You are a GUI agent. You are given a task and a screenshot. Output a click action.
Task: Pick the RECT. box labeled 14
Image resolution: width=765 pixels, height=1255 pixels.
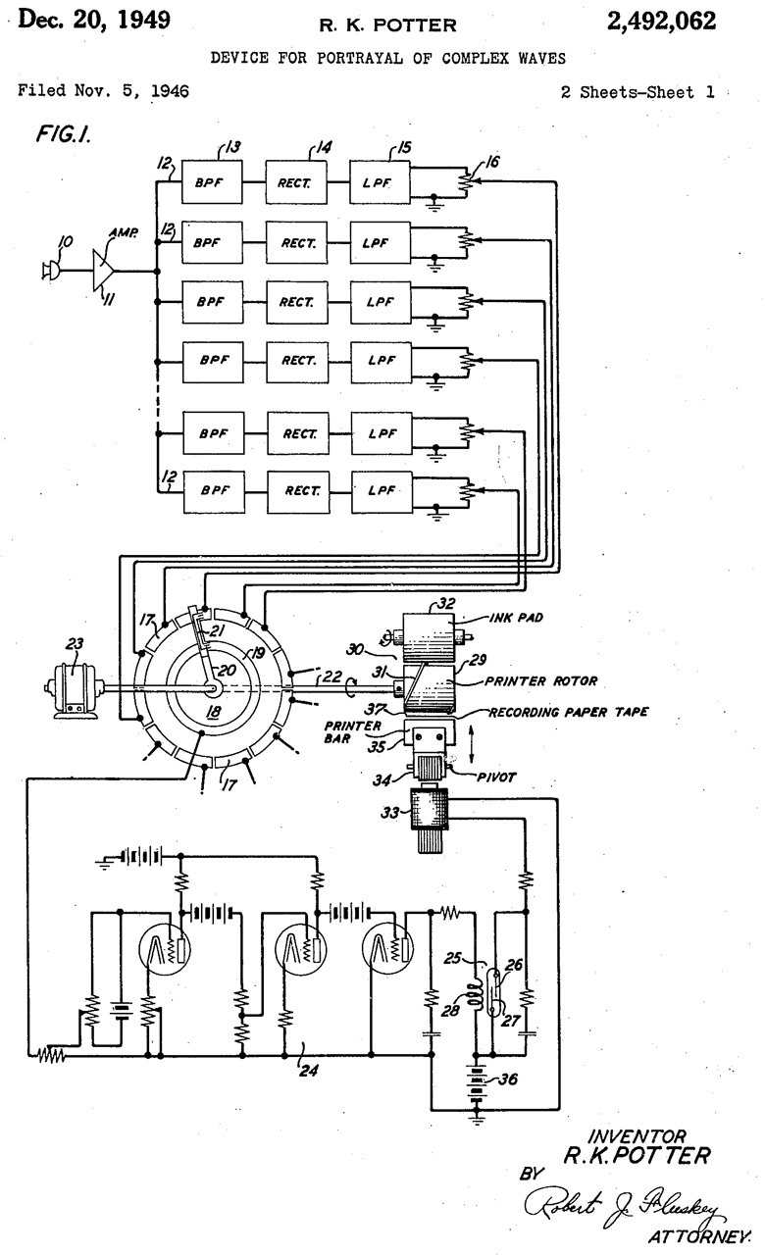[298, 182]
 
